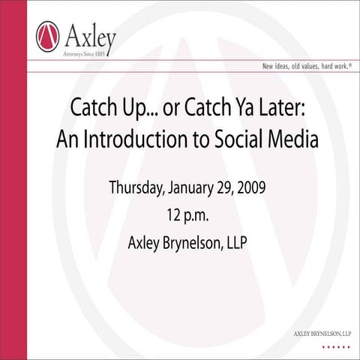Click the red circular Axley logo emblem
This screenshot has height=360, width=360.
pos(46,35)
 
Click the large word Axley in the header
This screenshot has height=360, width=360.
pos(89,34)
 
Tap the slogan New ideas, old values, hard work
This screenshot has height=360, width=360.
pos(307,66)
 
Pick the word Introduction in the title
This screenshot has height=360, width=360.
pos(139,140)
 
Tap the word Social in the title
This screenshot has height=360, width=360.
pos(229,140)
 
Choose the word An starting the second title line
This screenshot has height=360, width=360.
pos(67,140)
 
